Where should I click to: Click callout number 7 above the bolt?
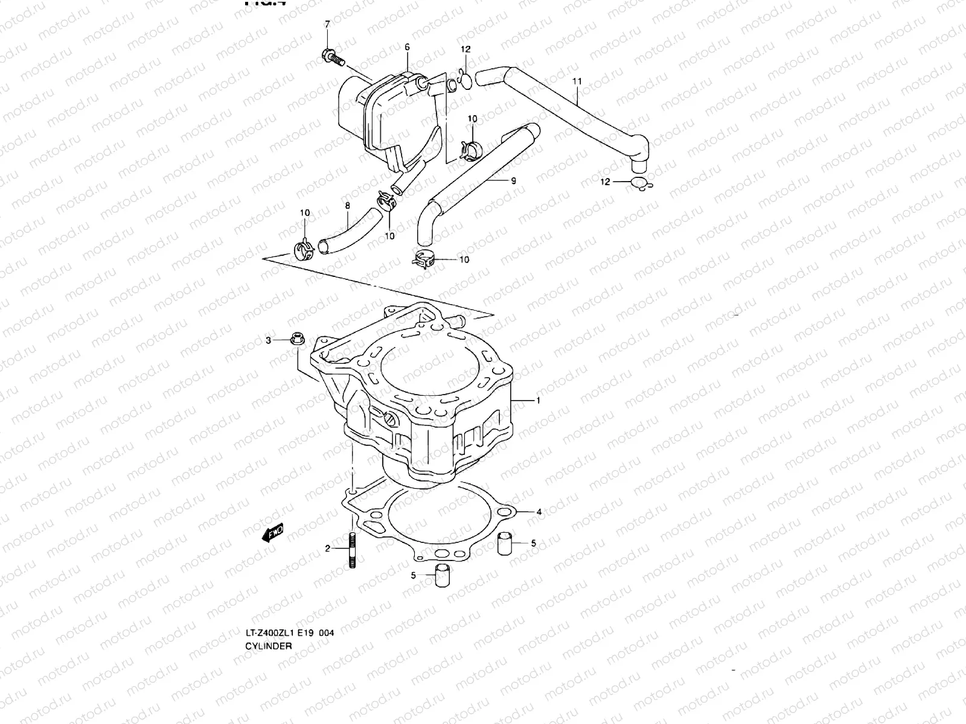[x=328, y=24]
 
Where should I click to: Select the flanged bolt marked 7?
[x=333, y=59]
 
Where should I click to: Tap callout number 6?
[x=407, y=46]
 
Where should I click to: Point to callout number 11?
[x=577, y=81]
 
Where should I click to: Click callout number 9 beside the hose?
[x=513, y=180]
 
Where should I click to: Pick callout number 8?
[x=347, y=206]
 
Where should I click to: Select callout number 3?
[x=269, y=341]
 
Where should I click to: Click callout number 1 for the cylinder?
[x=537, y=401]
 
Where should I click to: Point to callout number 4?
[x=539, y=512]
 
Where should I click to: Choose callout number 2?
[x=328, y=548]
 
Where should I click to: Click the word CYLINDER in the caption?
[x=268, y=646]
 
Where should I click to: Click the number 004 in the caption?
[x=326, y=633]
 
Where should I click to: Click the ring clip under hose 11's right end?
[x=641, y=183]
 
